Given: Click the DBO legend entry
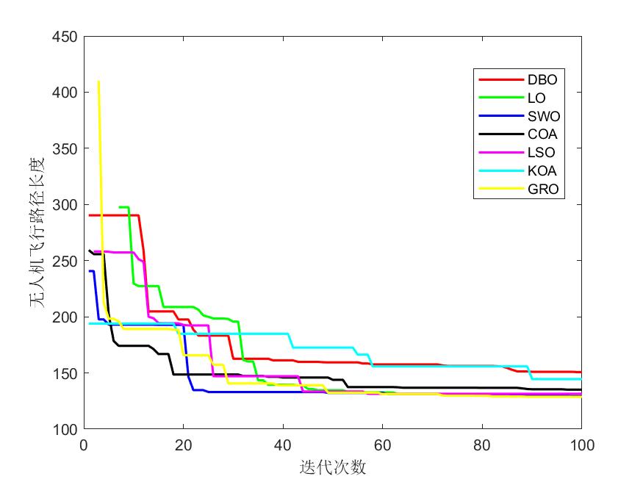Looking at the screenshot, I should point(542,79).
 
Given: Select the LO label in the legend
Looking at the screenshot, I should point(536,98).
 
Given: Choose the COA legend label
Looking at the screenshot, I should point(542,134).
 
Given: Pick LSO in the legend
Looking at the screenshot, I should point(542,153).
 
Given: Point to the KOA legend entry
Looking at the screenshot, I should point(542,171).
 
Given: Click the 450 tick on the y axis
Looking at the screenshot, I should point(66,36).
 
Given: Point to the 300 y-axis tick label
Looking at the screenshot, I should point(66,204).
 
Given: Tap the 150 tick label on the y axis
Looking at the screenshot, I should point(66,373).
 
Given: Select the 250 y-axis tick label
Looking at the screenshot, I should point(66,260).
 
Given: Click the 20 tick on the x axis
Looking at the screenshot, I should point(183,445).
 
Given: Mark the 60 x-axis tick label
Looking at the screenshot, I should point(382,445).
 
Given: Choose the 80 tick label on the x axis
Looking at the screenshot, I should point(482,445).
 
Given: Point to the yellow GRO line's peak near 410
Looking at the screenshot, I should point(98,82).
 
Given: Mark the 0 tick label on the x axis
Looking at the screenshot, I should point(84,445).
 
